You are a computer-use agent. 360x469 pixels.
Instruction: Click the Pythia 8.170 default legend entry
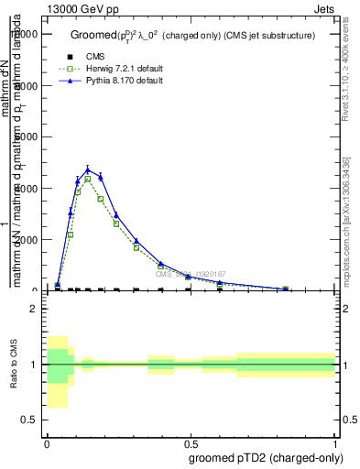pos(124,82)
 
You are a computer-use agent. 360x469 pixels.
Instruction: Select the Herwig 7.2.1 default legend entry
pos(124,69)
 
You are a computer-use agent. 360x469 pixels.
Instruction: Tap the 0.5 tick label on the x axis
pos(190,442)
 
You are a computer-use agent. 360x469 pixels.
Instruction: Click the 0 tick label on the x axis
pos(47,442)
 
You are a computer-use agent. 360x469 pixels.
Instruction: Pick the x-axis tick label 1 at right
pos(333,442)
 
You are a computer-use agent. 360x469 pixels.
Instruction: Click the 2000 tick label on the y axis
pos(27,240)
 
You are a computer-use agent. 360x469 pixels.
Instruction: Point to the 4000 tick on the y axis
pos(27,189)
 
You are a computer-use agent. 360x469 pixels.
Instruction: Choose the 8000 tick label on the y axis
pos(27,86)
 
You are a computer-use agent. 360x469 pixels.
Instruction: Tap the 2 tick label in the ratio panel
pos(35,309)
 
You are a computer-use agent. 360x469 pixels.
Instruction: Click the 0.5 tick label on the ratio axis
pos(31,420)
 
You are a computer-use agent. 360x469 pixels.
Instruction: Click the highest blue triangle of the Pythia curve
pos(88,169)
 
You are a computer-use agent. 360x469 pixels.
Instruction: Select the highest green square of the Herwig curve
pos(88,180)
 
